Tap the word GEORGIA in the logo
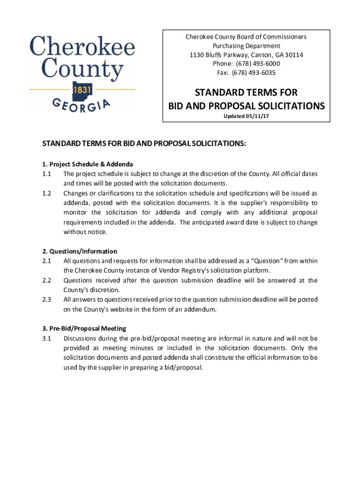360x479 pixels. [x=82, y=104]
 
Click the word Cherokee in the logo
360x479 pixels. [x=82, y=47]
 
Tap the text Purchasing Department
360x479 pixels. [x=246, y=46]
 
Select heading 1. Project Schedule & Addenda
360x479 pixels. [x=87, y=164]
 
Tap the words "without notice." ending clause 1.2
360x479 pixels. [x=86, y=232]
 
